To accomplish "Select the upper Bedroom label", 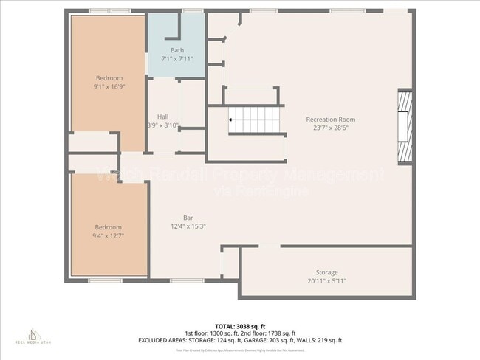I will (x=109, y=77).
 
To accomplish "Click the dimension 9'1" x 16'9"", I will (x=109, y=86).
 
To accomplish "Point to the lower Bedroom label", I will (x=108, y=227).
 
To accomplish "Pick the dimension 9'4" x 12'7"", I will (x=108, y=235).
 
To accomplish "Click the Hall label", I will (x=162, y=117).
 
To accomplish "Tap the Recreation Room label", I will (x=331, y=119).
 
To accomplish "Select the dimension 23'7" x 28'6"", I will (x=331, y=127).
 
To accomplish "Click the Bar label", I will (x=188, y=218).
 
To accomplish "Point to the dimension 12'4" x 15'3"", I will (x=188, y=226).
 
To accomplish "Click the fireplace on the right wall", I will (x=405, y=125).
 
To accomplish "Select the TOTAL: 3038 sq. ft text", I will (x=240, y=325).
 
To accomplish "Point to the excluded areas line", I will (x=240, y=340).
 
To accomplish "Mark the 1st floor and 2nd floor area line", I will (x=240, y=333).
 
